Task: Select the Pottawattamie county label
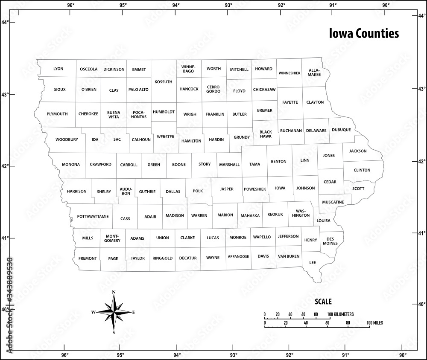coord(93,217)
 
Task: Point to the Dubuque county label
coord(341,130)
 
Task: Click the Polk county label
coord(197,192)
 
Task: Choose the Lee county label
coord(313,262)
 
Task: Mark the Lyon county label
coord(58,69)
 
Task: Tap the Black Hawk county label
coord(266,134)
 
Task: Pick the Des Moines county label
coord(332,241)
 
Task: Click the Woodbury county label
coord(67,139)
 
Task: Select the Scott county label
coord(358,188)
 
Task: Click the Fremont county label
coord(88,258)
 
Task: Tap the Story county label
coord(205,164)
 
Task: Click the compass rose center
coord(114,312)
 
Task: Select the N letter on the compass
coord(114,292)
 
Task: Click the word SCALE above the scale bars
coord(323,302)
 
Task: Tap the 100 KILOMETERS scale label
coord(342,314)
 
